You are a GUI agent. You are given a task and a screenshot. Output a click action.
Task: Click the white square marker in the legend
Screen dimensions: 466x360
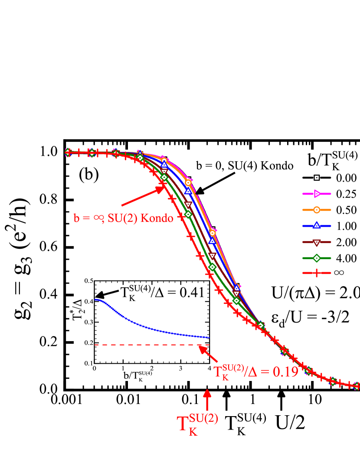(317, 177)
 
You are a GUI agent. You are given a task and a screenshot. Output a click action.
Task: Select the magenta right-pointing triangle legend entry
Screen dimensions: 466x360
(317, 194)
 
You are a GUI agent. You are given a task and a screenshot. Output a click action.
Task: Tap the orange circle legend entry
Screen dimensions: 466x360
(317, 210)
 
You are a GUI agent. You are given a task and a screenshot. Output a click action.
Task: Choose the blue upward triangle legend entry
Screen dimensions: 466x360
(317, 225)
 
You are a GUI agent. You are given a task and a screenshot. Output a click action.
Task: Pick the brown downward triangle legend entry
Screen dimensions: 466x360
(317, 242)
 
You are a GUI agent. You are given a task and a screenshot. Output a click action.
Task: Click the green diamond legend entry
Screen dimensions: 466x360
(317, 258)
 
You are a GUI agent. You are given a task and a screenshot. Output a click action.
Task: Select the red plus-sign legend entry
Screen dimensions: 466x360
(317, 273)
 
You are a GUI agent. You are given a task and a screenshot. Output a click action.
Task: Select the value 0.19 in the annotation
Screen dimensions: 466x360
(285, 372)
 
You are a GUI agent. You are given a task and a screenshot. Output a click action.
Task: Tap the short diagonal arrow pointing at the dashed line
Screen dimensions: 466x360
(209, 354)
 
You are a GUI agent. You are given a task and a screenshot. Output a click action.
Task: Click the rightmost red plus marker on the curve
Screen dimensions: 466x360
(357, 385)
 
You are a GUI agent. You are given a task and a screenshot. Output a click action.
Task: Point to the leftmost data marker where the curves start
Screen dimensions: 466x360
(68, 152)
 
